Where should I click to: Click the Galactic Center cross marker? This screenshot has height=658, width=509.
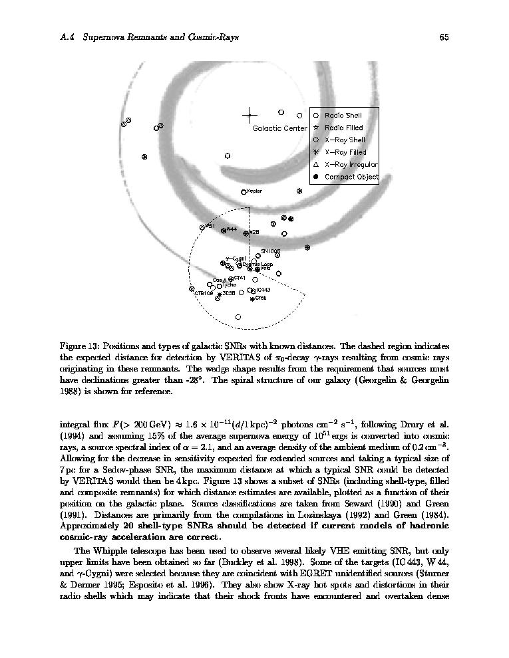pyautogui.click(x=250, y=115)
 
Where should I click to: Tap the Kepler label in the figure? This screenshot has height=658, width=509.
pyautogui.click(x=254, y=191)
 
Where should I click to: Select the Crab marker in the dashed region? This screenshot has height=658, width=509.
pyautogui.click(x=252, y=299)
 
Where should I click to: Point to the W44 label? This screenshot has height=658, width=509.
pyautogui.click(x=232, y=229)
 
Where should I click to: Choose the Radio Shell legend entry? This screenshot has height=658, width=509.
pyautogui.click(x=343, y=116)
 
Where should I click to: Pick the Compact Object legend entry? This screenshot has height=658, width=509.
pyautogui.click(x=351, y=177)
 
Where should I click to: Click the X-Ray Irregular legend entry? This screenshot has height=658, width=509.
pyautogui.click(x=351, y=165)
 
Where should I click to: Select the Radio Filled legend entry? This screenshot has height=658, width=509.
pyautogui.click(x=343, y=128)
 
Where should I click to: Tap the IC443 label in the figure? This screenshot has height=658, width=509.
pyautogui.click(x=262, y=290)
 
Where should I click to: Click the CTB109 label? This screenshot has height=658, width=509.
pyautogui.click(x=204, y=293)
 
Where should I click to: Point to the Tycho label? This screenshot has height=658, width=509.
pyautogui.click(x=229, y=285)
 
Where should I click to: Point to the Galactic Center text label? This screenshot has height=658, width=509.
pyautogui.click(x=279, y=128)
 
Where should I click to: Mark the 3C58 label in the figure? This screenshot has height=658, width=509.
pyautogui.click(x=229, y=292)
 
